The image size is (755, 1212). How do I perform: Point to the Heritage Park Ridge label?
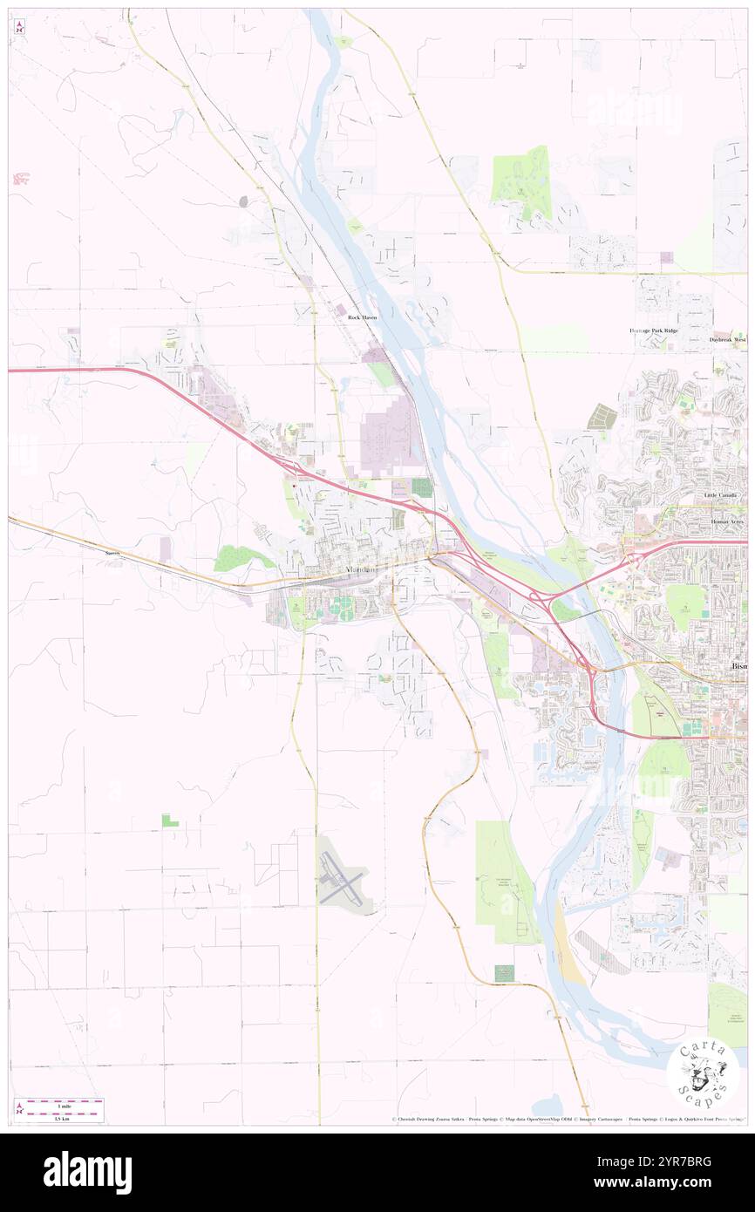(653, 331)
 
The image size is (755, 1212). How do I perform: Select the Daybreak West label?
(726, 339)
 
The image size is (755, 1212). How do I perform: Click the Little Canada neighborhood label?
(720, 495)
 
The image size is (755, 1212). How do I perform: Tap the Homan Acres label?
(725, 520)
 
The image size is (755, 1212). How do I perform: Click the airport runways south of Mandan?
(341, 876)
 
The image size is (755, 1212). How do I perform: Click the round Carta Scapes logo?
(703, 1074)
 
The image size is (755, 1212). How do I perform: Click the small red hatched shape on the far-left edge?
(20, 179)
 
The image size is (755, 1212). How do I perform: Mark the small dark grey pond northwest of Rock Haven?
(244, 201)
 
